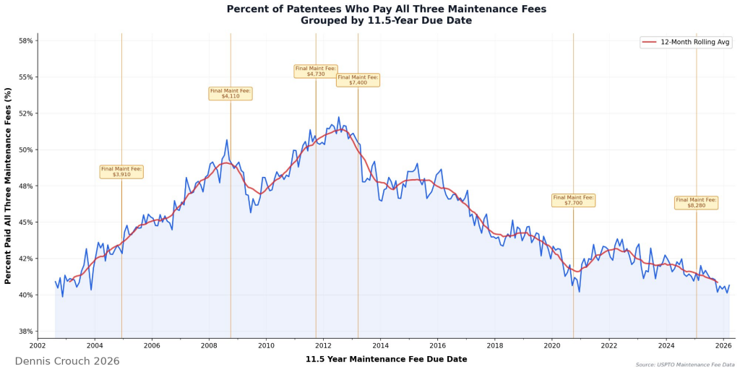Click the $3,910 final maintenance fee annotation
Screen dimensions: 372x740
[x=121, y=172]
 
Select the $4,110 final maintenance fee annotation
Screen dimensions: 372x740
[x=231, y=93]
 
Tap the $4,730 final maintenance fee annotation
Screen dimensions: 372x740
[x=315, y=71]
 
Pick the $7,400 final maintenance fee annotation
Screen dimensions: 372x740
[x=358, y=80]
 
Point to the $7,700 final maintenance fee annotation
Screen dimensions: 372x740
[x=573, y=200]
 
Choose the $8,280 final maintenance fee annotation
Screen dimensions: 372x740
[x=696, y=202]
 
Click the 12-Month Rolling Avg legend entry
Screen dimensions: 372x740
[x=686, y=43]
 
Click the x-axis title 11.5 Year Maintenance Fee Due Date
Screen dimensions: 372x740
[x=386, y=359]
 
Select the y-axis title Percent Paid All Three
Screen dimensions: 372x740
[x=9, y=186]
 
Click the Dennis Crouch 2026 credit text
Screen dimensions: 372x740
[x=67, y=360]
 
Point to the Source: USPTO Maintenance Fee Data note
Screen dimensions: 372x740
[x=685, y=365]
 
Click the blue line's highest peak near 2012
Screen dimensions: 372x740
[x=338, y=117]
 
